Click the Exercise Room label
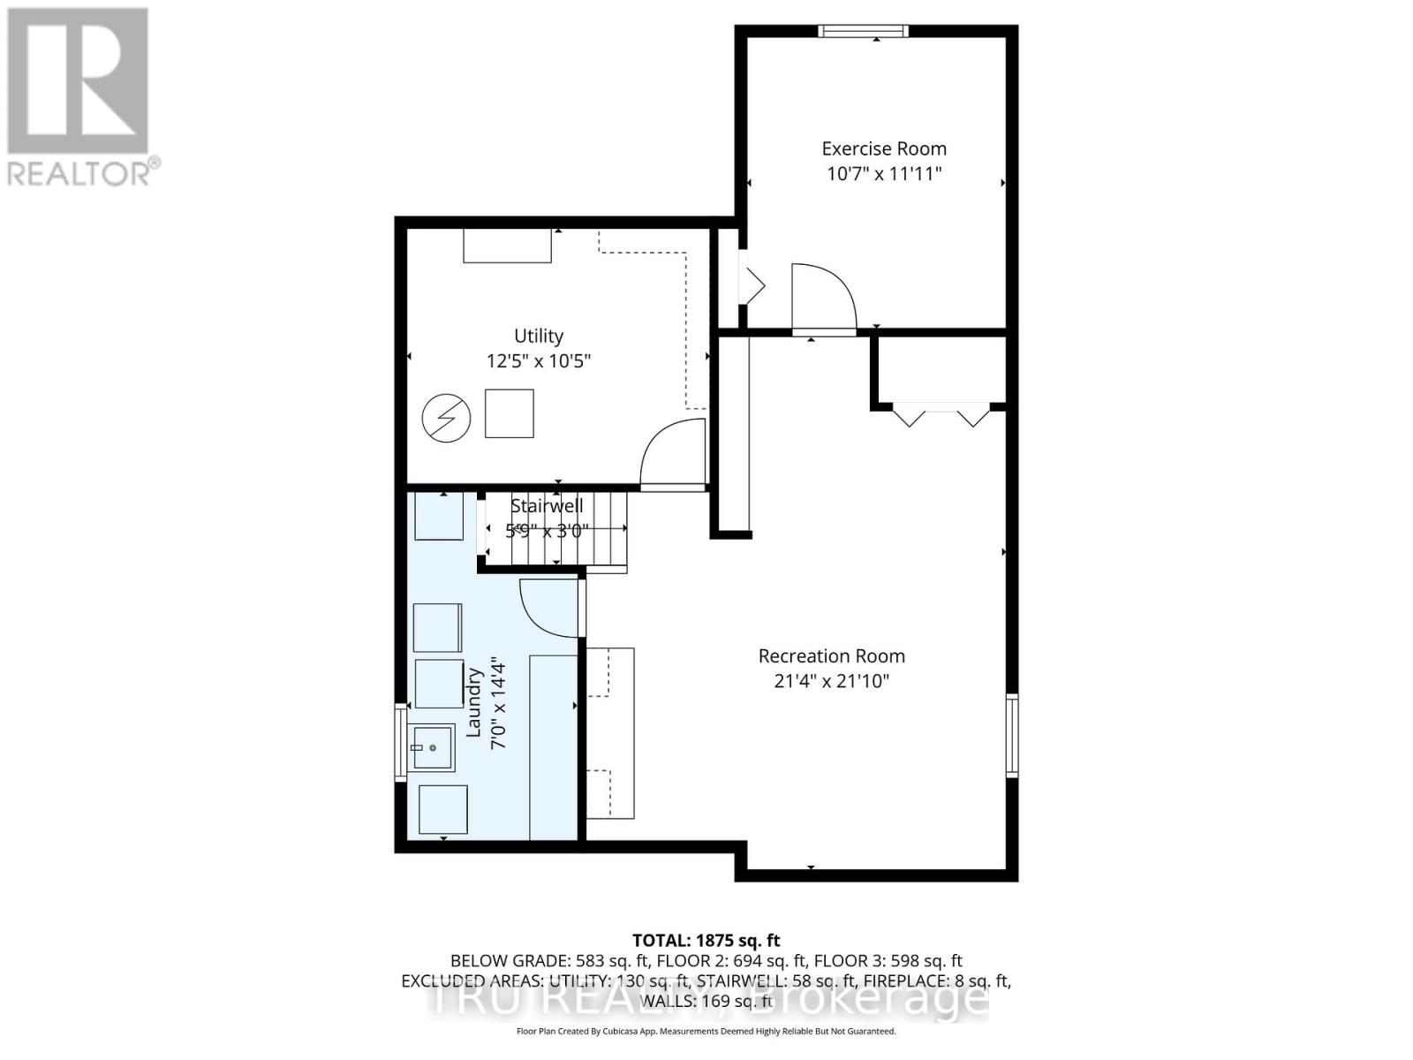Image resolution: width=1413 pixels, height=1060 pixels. click(883, 148)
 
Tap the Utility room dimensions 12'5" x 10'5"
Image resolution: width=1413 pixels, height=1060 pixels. click(538, 360)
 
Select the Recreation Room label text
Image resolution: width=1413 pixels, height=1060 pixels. click(831, 655)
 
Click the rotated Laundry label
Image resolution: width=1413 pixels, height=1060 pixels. click(474, 703)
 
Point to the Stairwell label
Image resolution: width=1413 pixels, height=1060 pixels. click(547, 506)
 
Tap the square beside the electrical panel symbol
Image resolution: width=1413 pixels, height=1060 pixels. click(509, 413)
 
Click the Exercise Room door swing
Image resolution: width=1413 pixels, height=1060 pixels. click(823, 297)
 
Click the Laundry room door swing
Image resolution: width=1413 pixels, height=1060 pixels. click(549, 608)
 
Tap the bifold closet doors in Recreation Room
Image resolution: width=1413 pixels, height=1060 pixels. click(941, 414)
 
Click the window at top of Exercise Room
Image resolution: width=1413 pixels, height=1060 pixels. click(863, 31)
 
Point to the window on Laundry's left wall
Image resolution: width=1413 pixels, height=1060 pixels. click(400, 742)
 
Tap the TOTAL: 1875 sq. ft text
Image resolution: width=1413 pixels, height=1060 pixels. click(706, 941)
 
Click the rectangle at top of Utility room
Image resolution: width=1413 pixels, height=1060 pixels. click(507, 246)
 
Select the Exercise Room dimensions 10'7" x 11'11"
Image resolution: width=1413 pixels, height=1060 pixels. click(883, 173)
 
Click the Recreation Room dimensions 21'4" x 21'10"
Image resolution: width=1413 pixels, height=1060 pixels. click(831, 680)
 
